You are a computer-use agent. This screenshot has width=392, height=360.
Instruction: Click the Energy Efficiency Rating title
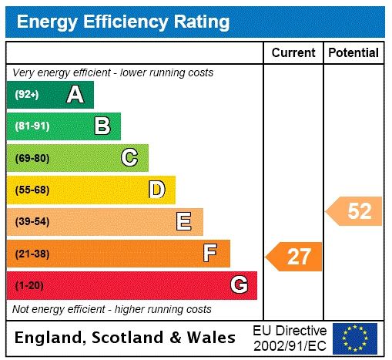[x=123, y=22]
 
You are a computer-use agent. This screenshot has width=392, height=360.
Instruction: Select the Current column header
[x=293, y=53]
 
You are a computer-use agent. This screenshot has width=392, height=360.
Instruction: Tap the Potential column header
[x=353, y=53]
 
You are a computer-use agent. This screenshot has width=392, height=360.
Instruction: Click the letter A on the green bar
[x=75, y=95]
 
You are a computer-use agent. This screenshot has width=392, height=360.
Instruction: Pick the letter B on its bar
[x=102, y=126]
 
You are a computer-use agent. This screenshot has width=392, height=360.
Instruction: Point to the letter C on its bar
[x=129, y=158]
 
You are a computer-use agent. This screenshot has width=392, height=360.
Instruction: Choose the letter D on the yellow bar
[x=156, y=190]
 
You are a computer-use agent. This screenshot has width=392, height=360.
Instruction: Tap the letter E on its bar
[x=184, y=222]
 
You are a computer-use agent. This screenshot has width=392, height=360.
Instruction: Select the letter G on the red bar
[x=239, y=285]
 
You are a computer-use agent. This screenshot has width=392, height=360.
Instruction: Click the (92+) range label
[x=27, y=95]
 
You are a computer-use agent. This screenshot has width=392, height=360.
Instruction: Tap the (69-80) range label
[x=32, y=158]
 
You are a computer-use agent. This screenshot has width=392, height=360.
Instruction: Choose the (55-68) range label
[x=32, y=190]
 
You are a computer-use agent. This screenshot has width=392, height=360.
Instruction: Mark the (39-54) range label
[x=32, y=222]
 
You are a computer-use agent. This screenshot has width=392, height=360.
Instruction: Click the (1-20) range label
[x=28, y=286]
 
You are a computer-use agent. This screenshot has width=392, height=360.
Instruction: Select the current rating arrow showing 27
[x=294, y=257]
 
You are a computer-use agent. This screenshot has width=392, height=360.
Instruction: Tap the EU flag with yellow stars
[x=355, y=338]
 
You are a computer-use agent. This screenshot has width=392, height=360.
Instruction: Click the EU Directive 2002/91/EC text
[x=290, y=338]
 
